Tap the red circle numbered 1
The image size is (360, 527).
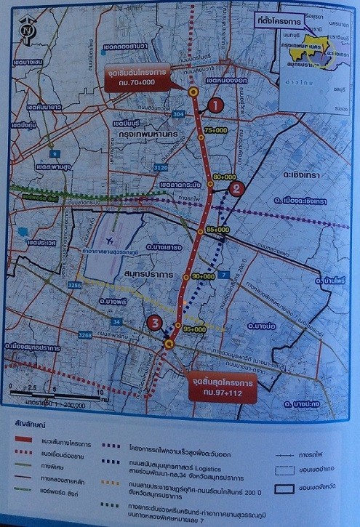tap(215, 106)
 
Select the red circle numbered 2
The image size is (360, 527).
tap(236, 189)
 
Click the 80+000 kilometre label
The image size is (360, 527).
tap(225, 177)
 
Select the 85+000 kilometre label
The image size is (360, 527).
tap(217, 229)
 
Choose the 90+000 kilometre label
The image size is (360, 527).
tap(203, 276)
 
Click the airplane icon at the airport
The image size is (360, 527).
tap(108, 241)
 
